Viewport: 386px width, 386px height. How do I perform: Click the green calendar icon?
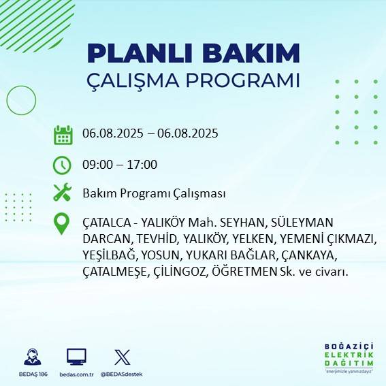[x=63, y=135]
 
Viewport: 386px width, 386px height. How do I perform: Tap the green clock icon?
[x=63, y=165]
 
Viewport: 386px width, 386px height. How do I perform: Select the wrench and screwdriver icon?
[x=63, y=193]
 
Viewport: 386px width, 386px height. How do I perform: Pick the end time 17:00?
[x=142, y=165]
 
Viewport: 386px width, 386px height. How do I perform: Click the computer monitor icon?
[x=76, y=357]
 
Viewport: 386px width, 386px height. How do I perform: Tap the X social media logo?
[x=123, y=357]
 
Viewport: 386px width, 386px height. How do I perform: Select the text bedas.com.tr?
[x=76, y=374]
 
